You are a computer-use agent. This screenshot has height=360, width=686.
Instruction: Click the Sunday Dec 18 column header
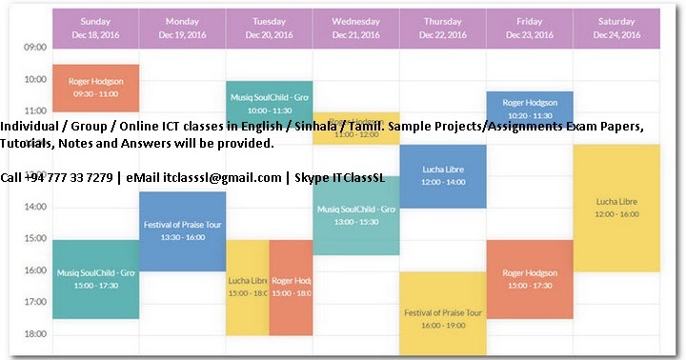click(95, 28)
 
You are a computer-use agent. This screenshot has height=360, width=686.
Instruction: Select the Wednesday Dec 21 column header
click(356, 28)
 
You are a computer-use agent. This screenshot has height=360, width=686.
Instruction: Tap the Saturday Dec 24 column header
click(616, 28)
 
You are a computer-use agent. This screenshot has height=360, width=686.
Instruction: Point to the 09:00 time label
click(34, 47)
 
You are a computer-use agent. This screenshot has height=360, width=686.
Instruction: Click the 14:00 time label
click(34, 206)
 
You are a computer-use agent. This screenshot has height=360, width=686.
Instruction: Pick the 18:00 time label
click(34, 333)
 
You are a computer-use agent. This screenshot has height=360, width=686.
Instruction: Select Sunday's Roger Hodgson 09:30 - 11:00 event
click(95, 88)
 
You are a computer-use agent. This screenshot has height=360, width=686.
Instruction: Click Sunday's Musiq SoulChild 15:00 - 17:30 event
click(95, 279)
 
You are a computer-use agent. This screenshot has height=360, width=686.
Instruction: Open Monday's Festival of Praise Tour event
click(182, 230)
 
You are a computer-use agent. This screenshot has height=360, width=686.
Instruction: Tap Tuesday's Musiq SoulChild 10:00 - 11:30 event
click(270, 98)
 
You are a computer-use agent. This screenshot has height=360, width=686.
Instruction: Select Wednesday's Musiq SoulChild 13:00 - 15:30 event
click(356, 215)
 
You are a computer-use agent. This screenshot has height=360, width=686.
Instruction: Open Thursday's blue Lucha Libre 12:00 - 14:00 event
click(443, 176)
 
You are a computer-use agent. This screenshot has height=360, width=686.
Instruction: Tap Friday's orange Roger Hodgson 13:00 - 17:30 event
click(530, 279)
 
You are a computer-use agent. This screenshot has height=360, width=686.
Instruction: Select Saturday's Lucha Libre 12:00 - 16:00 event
click(616, 209)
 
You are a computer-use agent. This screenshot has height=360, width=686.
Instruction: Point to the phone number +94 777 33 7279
click(66, 177)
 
